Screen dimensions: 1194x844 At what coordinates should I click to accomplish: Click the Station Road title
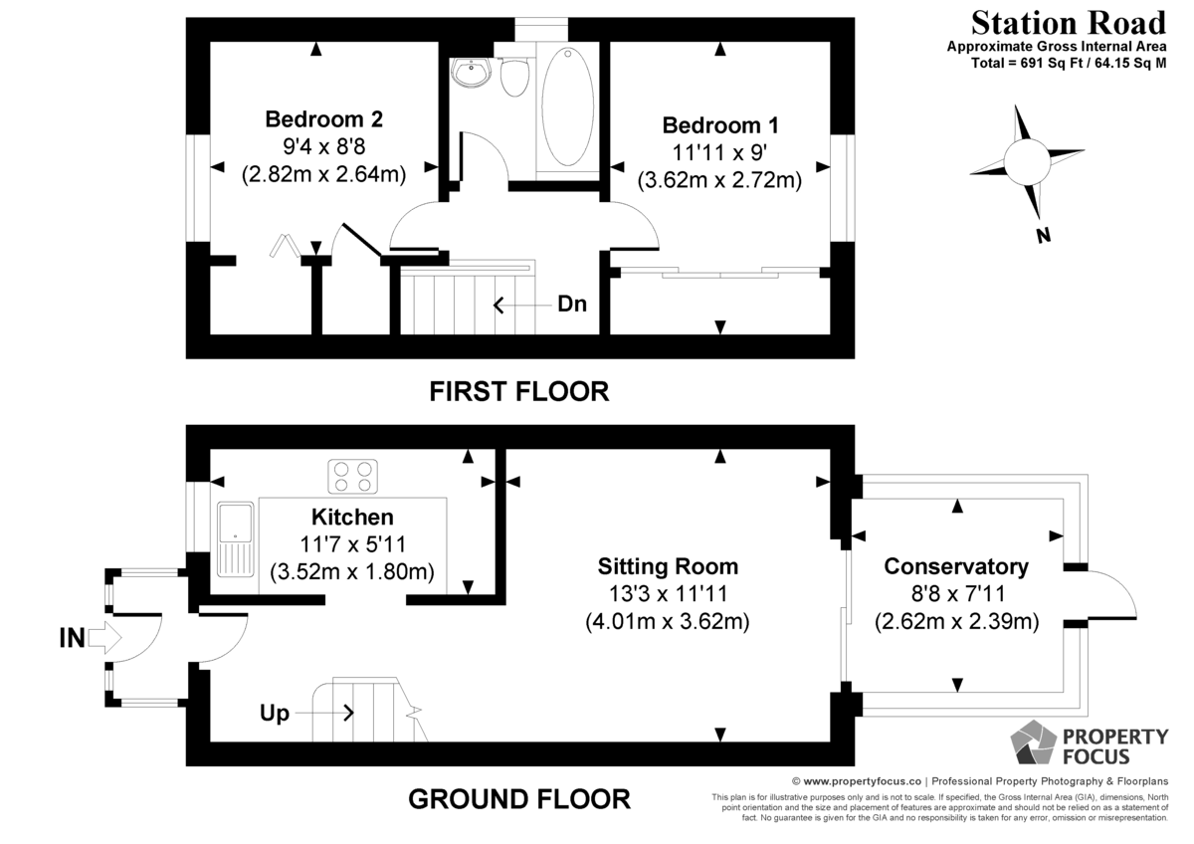(x=1069, y=24)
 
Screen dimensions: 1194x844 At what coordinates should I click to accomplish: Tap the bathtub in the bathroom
(x=568, y=106)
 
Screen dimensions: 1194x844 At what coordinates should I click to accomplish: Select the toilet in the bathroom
(x=514, y=78)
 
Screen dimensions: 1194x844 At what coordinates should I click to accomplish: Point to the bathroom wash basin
(x=471, y=73)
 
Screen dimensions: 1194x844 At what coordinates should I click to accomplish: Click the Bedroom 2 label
(x=324, y=118)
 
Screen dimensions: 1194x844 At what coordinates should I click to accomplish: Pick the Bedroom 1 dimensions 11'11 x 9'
(x=719, y=152)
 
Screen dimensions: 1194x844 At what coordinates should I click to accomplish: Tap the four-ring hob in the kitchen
(x=352, y=477)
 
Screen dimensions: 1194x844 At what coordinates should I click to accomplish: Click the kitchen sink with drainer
(x=235, y=539)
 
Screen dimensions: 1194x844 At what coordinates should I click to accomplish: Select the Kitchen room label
(x=352, y=517)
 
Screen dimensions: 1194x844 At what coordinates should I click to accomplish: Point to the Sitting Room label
(x=668, y=566)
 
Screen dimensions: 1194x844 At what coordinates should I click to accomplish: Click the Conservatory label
(x=956, y=566)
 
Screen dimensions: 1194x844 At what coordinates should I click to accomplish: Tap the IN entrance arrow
(x=105, y=637)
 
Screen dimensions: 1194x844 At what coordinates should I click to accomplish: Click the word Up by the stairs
(x=274, y=713)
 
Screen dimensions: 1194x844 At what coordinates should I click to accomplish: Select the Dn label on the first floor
(x=572, y=304)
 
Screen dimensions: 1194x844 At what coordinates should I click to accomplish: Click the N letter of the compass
(x=1043, y=235)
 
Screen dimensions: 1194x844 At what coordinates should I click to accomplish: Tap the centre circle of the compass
(x=1027, y=161)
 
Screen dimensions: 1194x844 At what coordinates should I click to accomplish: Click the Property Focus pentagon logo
(x=1033, y=741)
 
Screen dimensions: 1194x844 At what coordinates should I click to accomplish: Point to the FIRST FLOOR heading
(x=518, y=392)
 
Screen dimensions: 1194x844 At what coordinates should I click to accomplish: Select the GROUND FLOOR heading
(x=519, y=799)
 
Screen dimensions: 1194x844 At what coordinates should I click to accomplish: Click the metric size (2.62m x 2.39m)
(x=957, y=622)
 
